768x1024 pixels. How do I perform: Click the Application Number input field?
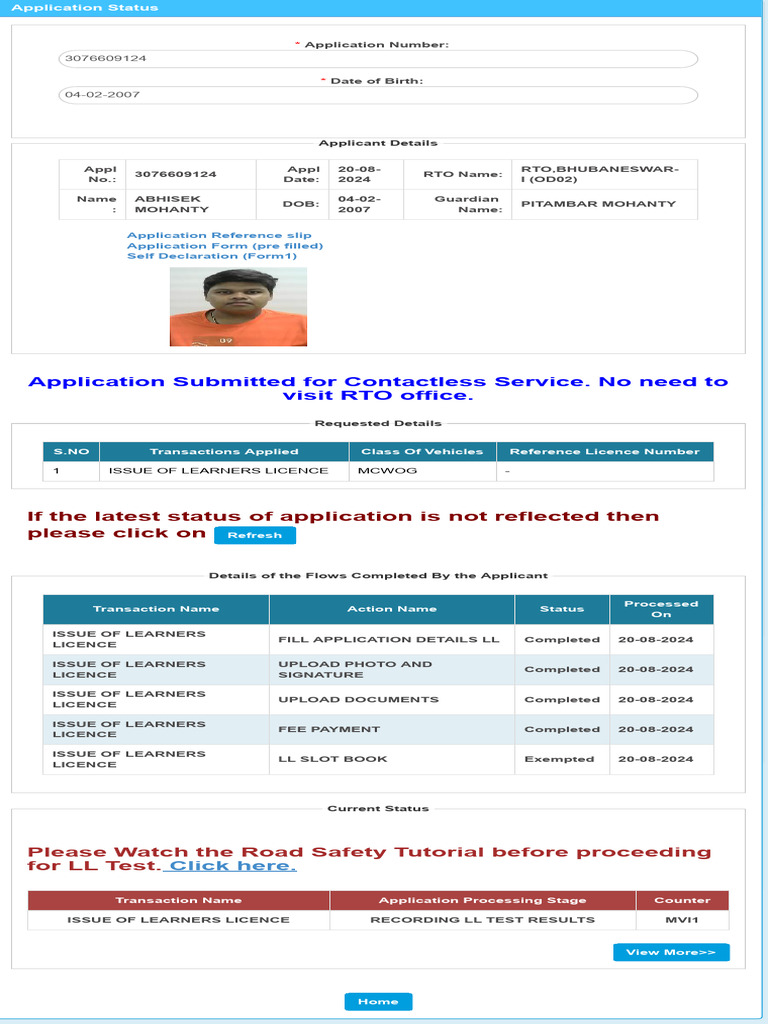378,58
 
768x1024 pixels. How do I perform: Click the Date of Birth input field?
378,95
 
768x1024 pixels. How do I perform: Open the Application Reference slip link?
219,236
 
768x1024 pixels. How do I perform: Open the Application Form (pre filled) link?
225,246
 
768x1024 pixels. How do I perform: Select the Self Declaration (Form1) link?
212,256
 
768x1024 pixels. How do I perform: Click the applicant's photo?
238,307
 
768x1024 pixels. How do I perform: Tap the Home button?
378,1001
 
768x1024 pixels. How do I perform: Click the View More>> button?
671,952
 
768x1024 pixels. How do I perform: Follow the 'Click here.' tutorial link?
232,866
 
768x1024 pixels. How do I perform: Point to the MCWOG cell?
389,471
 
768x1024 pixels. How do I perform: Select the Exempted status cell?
559,759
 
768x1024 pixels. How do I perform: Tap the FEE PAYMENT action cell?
329,729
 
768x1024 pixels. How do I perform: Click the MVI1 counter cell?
681,920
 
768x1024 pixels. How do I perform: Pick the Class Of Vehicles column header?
422,452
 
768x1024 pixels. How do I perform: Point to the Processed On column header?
661,609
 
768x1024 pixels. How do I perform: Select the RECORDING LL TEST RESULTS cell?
482,920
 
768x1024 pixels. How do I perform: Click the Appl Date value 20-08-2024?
354,174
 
